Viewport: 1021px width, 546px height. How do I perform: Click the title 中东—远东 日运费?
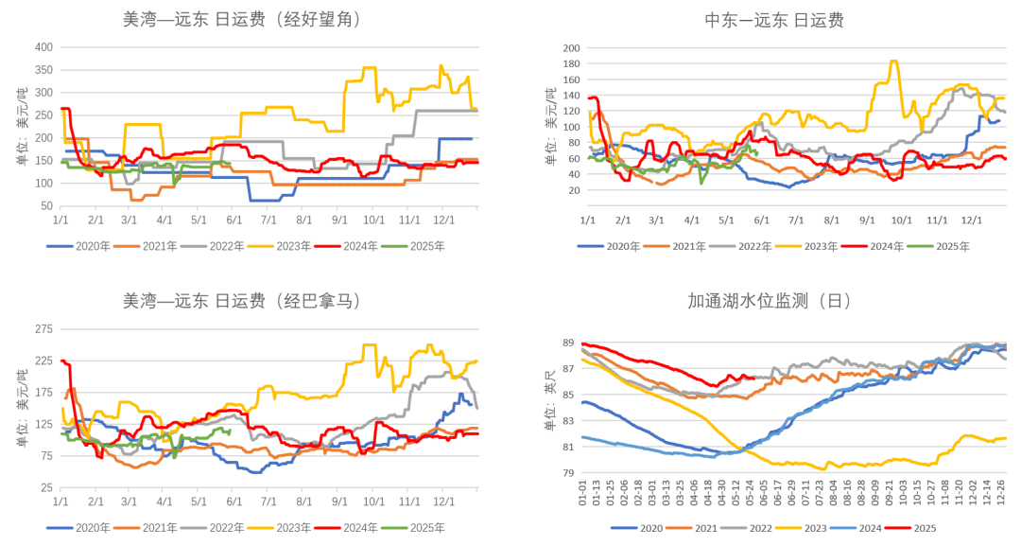pos(774,20)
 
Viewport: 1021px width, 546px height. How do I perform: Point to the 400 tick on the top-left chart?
pos(44,46)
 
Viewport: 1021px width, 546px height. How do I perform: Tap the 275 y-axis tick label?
pos(44,328)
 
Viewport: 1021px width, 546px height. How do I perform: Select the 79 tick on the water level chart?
pos(570,472)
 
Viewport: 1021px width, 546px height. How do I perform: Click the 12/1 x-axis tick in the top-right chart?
pos(971,220)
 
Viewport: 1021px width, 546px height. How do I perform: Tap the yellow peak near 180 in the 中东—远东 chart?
pos(893,62)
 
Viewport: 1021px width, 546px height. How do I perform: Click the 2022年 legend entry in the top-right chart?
pos(739,246)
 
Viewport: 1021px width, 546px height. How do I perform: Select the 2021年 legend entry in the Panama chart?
pos(150,527)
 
